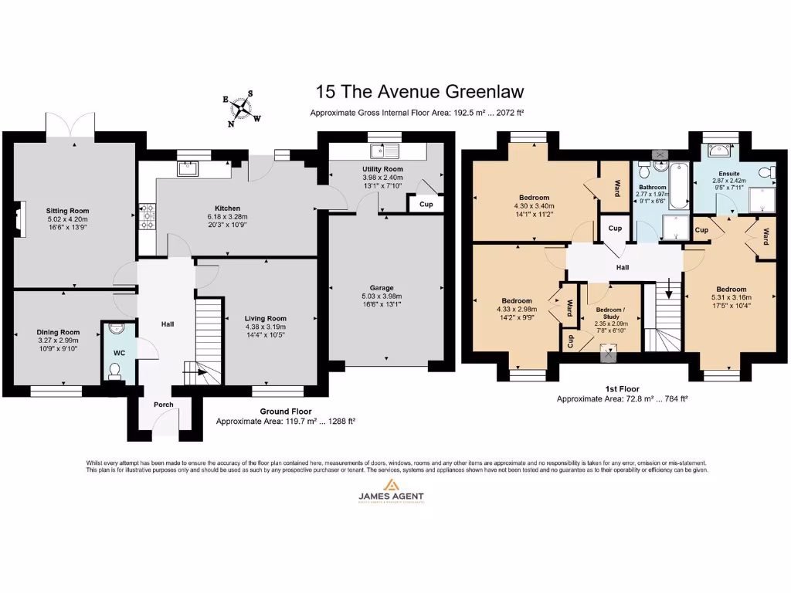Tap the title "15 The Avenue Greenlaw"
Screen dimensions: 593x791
(x=419, y=91)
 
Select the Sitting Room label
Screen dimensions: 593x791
(x=68, y=211)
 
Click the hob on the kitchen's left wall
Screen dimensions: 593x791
(x=147, y=212)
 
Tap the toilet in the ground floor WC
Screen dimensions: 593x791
(x=114, y=371)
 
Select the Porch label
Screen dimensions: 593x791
(x=163, y=405)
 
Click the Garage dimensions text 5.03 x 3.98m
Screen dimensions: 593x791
(x=382, y=296)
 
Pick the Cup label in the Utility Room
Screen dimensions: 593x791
(x=426, y=205)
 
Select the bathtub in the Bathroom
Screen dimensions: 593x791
(x=678, y=185)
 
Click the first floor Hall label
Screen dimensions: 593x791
(x=623, y=268)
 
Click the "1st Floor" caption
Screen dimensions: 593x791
(x=623, y=389)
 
